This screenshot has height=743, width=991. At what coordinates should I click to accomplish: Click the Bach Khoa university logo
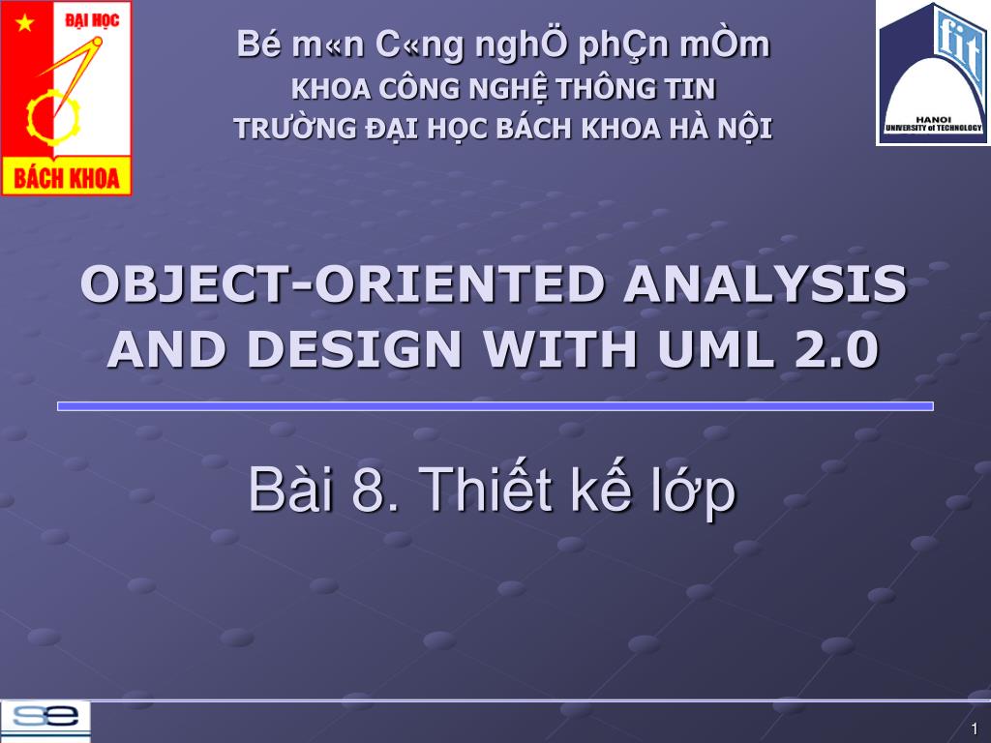tap(66, 98)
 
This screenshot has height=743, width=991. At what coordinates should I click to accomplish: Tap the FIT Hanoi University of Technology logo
tap(933, 74)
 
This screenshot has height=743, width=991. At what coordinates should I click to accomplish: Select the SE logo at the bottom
tap(45, 721)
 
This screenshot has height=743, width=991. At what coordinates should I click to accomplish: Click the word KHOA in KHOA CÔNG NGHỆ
tap(326, 90)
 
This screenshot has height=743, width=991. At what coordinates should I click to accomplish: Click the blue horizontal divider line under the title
tap(495, 406)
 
